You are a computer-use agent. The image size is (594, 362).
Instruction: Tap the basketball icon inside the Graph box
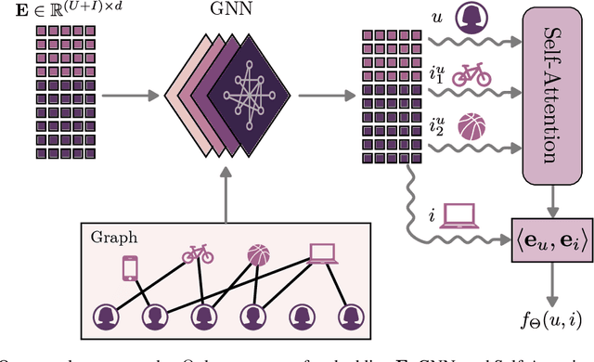click(261, 255)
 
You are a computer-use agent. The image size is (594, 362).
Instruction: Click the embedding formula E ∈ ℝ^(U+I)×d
click(71, 13)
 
